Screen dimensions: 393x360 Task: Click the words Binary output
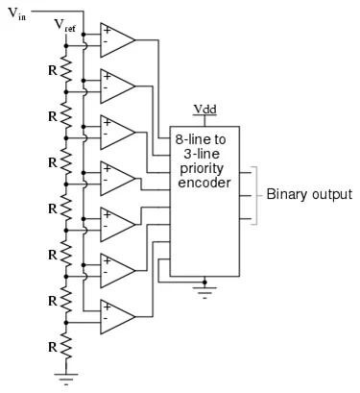309,194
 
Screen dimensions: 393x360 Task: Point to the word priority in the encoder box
204,168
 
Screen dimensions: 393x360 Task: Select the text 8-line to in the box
204,140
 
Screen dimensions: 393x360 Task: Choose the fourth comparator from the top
115,180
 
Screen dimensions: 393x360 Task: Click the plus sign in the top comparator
106,32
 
